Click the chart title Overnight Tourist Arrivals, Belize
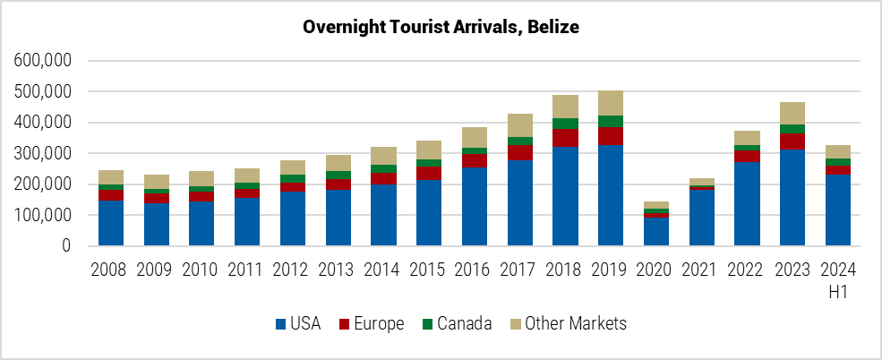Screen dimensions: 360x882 tap(441, 27)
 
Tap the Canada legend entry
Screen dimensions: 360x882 tap(455, 324)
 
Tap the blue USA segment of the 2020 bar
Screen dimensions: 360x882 tap(656, 232)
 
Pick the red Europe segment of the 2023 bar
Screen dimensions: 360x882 tap(792, 141)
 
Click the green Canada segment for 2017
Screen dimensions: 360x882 tap(519, 141)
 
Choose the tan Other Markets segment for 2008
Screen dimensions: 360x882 tap(111, 177)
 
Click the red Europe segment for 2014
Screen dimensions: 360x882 tap(383, 178)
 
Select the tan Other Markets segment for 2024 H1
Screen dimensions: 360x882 tap(838, 151)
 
